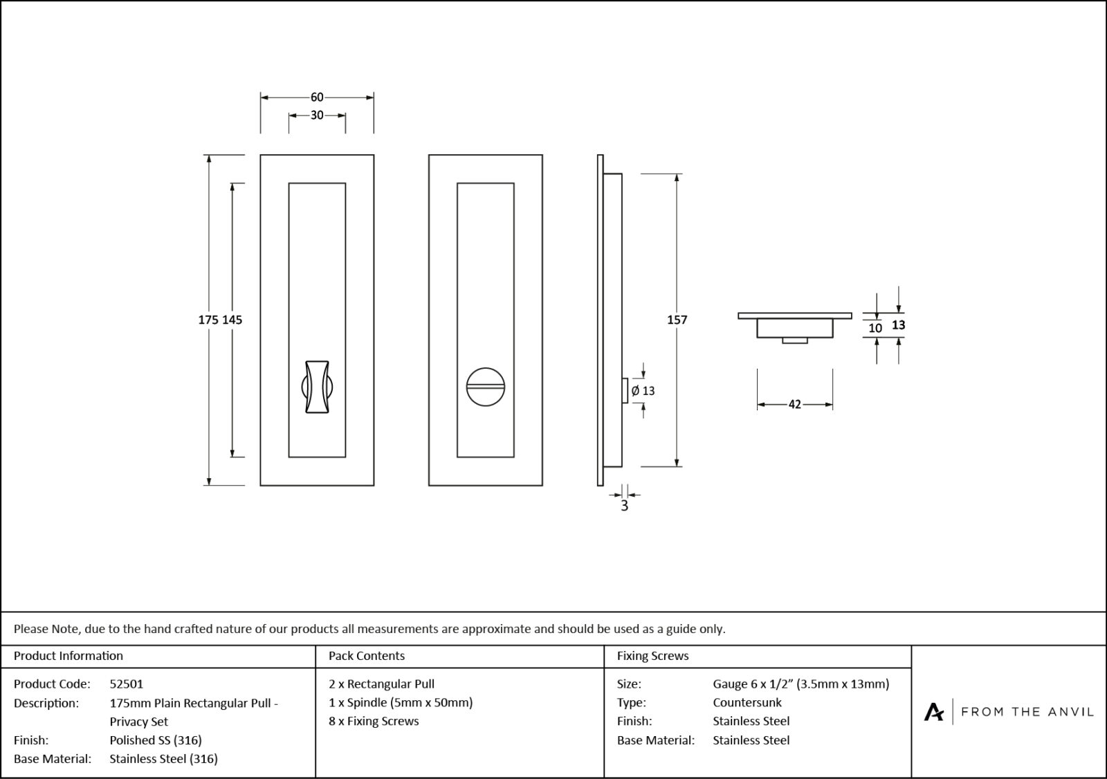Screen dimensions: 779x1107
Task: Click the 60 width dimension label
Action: (x=317, y=98)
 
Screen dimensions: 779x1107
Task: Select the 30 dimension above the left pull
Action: (x=317, y=116)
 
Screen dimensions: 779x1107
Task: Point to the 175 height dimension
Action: (x=209, y=320)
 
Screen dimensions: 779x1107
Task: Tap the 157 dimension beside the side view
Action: (x=677, y=320)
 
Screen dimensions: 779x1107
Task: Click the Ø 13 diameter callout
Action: (x=643, y=391)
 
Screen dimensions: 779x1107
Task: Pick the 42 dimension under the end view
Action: (x=794, y=404)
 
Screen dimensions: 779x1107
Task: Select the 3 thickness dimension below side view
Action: (x=624, y=506)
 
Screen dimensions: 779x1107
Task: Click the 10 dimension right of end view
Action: (x=875, y=328)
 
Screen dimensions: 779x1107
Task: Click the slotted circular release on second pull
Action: (x=486, y=386)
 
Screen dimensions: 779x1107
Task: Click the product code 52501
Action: (x=127, y=684)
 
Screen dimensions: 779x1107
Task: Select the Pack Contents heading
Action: (x=367, y=656)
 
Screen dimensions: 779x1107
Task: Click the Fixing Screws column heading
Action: (x=652, y=656)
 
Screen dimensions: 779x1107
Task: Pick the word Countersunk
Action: (x=747, y=702)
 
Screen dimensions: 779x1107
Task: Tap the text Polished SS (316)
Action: (x=156, y=740)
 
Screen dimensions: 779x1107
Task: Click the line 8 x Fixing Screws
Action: (x=374, y=721)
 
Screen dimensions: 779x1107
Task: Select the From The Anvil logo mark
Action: (x=933, y=711)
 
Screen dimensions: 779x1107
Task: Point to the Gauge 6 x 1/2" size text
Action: (x=800, y=684)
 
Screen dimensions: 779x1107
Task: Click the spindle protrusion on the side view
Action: (x=625, y=390)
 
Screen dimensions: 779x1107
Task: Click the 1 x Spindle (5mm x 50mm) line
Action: (x=401, y=702)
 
